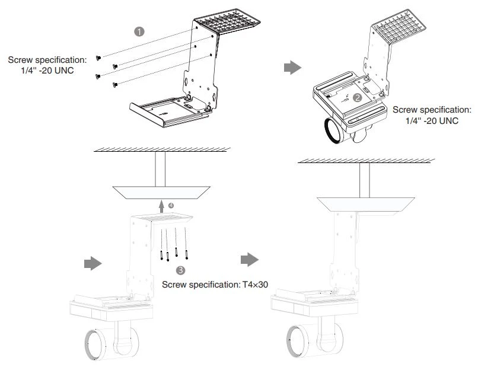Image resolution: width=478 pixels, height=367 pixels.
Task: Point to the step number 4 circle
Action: (x=171, y=205)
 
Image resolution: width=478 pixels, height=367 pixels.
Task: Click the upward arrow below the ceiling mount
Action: (x=161, y=206)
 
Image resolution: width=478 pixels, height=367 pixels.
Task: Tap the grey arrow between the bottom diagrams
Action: (x=248, y=259)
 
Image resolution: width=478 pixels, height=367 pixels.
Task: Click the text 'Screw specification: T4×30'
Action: (x=216, y=285)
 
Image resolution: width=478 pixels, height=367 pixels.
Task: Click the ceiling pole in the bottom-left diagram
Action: (x=159, y=168)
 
